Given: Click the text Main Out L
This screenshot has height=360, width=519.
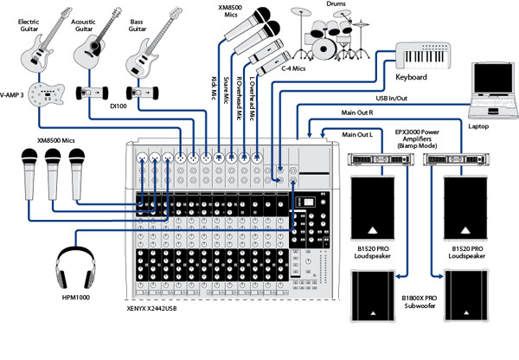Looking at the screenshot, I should click(359, 134).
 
